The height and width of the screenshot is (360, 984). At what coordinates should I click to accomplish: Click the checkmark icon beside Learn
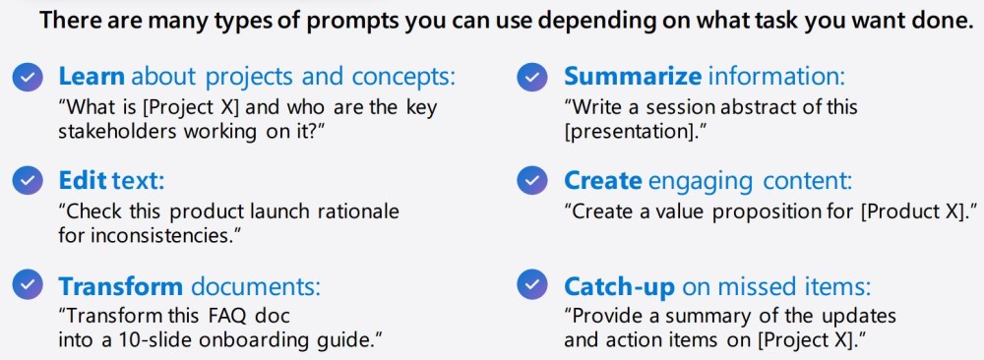29,77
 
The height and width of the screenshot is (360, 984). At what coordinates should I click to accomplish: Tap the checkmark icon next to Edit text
29,181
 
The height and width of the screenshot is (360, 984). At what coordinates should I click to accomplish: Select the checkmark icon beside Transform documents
29,286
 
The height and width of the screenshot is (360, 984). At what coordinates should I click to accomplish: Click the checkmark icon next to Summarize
533,77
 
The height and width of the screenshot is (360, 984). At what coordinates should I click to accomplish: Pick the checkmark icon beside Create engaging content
533,181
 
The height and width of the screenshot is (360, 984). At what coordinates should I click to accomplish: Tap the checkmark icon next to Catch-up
533,286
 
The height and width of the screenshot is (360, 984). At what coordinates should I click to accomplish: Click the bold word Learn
92,77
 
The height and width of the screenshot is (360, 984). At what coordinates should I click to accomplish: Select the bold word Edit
82,181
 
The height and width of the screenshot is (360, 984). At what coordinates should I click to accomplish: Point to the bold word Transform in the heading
121,286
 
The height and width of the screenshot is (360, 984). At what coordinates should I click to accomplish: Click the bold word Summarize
633,77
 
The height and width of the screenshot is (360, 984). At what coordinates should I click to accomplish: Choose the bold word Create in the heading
603,181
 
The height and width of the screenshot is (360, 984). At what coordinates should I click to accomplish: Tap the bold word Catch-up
619,286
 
